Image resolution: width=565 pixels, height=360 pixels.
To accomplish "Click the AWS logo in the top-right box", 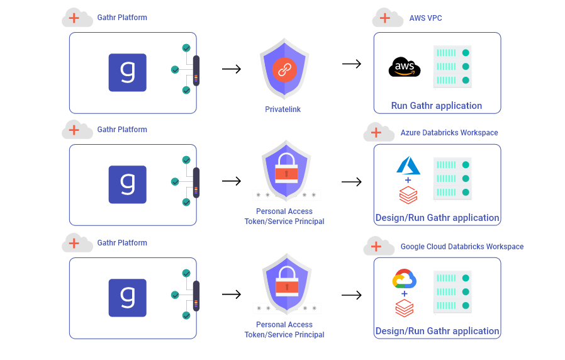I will pyautogui.click(x=405, y=67).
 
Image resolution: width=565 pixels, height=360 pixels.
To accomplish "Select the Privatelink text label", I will pyautogui.click(x=283, y=110).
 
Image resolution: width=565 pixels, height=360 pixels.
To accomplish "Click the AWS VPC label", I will pyautogui.click(x=426, y=18).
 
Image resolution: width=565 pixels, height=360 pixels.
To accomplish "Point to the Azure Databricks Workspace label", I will pyautogui.click(x=449, y=133).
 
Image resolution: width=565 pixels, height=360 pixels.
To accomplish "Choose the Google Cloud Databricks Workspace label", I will pyautogui.click(x=462, y=247).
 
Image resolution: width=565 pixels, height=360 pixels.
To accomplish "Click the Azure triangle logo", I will pyautogui.click(x=408, y=166).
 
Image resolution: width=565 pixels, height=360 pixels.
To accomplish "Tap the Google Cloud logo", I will pyautogui.click(x=405, y=279).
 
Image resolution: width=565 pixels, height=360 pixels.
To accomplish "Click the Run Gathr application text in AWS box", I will pyautogui.click(x=437, y=106).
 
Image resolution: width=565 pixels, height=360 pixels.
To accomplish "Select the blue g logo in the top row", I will pyautogui.click(x=128, y=72).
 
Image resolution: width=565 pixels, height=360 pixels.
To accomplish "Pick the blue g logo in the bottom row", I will pyautogui.click(x=128, y=298).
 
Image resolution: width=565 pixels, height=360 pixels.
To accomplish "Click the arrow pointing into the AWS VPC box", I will pyautogui.click(x=352, y=64).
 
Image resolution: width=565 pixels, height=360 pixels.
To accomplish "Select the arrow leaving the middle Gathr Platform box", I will pyautogui.click(x=232, y=181).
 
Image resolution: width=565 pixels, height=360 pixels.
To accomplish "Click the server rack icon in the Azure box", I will pyautogui.click(x=452, y=179).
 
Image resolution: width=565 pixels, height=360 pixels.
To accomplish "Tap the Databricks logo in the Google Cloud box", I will pyautogui.click(x=404, y=308).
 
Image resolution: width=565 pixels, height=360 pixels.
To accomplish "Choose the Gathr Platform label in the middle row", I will pyautogui.click(x=122, y=130).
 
